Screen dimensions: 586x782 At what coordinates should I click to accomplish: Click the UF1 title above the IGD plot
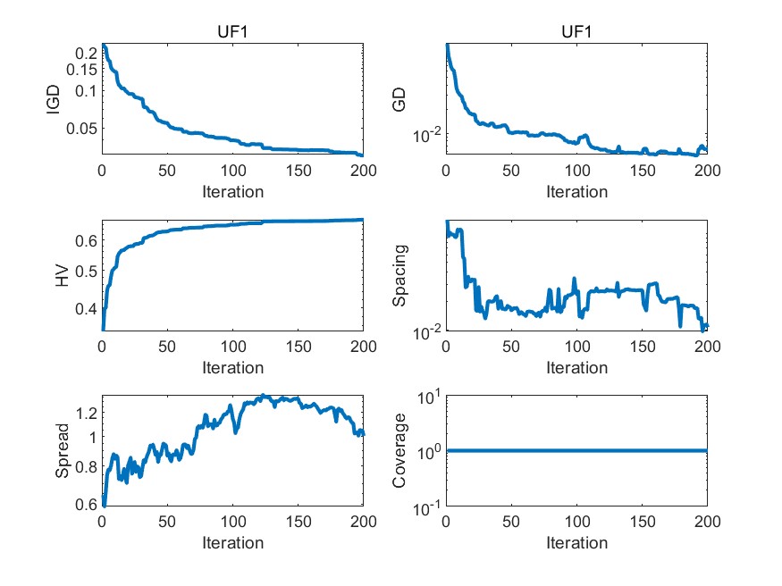[x=232, y=33]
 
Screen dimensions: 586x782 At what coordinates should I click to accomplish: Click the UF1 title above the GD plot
[x=576, y=33]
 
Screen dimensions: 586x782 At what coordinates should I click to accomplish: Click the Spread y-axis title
[x=62, y=451]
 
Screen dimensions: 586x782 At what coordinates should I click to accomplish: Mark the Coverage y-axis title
[x=399, y=451]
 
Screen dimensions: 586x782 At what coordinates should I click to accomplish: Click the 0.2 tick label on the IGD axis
[x=86, y=54]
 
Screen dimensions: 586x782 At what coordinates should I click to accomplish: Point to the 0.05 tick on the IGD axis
[x=80, y=129]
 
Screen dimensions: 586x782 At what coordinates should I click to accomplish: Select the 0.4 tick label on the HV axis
[x=86, y=310]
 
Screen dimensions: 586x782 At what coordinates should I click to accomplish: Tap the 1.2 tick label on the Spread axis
[x=86, y=413]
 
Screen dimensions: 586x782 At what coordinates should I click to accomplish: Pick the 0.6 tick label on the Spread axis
[x=86, y=505]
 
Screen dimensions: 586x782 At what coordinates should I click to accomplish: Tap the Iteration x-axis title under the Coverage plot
[x=576, y=543]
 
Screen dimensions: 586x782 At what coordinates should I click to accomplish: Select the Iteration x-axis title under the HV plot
[x=232, y=367]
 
